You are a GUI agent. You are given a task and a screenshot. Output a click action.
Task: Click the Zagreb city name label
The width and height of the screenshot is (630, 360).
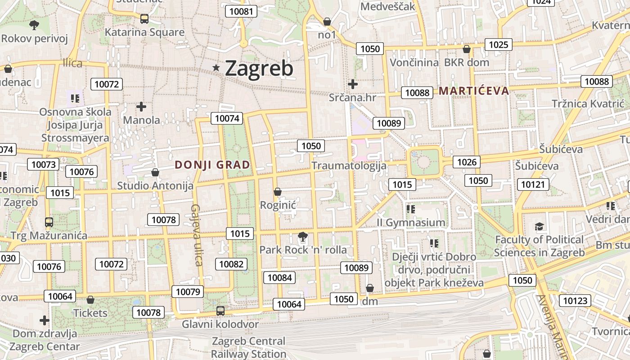click(259, 68)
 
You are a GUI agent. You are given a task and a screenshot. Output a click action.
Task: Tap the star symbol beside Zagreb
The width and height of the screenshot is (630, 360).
click(216, 68)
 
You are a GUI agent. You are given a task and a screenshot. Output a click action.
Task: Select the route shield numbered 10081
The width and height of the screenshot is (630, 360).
click(241, 11)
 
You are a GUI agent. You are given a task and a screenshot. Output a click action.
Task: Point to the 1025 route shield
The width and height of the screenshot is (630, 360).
click(499, 44)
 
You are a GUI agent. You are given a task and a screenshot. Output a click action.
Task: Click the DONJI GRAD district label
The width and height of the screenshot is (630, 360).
click(212, 165)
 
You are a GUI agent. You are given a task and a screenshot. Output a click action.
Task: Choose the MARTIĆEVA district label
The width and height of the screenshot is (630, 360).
click(474, 91)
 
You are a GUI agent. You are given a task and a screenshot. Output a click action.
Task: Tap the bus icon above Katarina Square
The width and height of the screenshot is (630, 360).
click(144, 19)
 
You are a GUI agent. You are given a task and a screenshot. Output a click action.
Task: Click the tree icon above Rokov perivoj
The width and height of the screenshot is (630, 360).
click(34, 25)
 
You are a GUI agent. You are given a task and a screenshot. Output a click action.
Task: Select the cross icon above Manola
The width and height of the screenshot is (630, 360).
click(141, 107)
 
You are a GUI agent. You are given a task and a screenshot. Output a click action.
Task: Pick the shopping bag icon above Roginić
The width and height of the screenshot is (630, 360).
click(278, 192)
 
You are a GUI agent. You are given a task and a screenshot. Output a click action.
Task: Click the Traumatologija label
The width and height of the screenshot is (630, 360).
click(349, 166)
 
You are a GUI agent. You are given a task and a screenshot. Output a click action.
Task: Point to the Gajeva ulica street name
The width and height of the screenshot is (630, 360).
click(196, 235)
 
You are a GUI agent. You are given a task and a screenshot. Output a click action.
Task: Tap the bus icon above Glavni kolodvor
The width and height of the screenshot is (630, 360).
click(220, 310)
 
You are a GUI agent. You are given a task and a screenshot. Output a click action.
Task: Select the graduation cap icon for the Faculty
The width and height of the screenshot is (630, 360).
click(539, 226)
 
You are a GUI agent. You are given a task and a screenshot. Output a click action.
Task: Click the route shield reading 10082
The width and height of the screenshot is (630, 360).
click(231, 264)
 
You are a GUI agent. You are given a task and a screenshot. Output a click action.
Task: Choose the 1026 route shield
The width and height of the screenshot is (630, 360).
click(467, 162)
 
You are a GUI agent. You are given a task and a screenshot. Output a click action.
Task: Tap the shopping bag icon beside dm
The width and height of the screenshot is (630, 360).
click(370, 288)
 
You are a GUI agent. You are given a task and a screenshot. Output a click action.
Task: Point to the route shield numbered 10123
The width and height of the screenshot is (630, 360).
click(575, 300)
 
